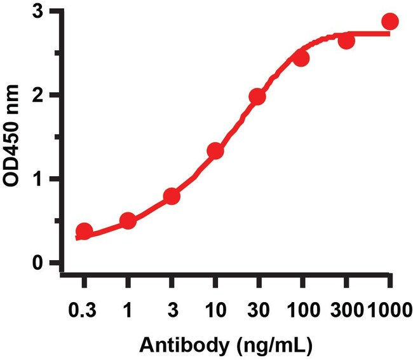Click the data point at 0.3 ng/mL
(x=84, y=231)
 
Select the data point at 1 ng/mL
(x=128, y=221)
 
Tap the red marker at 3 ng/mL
(x=172, y=196)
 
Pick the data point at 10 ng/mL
(x=215, y=151)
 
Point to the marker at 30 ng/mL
(x=257, y=97)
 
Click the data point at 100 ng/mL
(x=301, y=59)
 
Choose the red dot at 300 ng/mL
(x=346, y=41)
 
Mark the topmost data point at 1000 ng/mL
(x=390, y=22)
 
